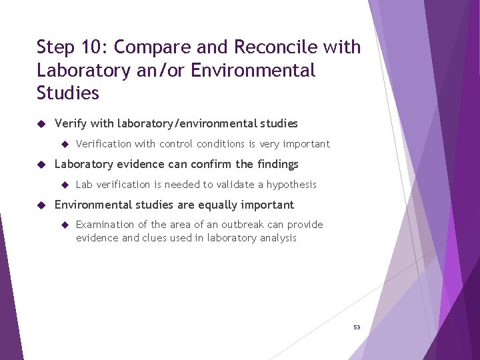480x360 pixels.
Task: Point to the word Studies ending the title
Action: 67,93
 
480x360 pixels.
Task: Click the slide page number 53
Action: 357,327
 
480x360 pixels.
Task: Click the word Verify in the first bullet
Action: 69,124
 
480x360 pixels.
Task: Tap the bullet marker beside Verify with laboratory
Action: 41,123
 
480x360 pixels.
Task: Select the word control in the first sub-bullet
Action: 177,144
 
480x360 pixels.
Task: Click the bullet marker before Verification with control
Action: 65,144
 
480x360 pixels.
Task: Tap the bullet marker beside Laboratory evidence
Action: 41,164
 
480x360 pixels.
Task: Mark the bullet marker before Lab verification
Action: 65,185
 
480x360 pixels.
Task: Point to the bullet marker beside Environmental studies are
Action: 41,205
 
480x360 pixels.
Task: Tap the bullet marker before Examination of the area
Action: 65,225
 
